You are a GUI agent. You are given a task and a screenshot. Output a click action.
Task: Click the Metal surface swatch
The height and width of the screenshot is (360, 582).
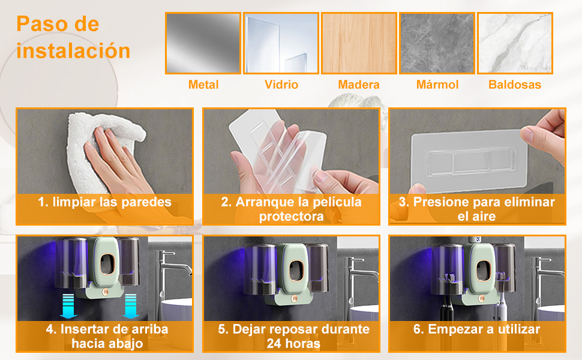(203, 43)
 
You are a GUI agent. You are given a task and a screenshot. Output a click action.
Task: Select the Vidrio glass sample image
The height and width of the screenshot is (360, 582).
(281, 43)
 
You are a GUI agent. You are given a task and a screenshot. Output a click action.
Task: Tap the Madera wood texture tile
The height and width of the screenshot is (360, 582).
(359, 43)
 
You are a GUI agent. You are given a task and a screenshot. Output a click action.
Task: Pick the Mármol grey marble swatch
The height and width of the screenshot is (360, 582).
(437, 43)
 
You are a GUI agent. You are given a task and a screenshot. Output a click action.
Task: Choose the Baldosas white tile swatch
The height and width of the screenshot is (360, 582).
(515, 43)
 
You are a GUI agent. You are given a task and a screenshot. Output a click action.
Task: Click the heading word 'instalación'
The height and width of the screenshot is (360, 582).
(73, 50)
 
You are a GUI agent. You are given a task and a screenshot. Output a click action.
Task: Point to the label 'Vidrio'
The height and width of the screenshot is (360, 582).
(281, 85)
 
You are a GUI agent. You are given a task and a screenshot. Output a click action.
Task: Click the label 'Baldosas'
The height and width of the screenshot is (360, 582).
(515, 85)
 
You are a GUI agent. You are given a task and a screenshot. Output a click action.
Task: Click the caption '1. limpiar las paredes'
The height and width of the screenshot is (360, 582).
(104, 202)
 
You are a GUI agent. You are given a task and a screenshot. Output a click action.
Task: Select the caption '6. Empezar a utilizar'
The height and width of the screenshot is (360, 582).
(477, 329)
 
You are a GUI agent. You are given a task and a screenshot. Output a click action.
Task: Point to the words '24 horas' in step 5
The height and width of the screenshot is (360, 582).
(292, 343)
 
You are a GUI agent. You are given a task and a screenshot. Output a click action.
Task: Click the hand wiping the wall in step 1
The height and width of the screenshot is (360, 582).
(114, 159)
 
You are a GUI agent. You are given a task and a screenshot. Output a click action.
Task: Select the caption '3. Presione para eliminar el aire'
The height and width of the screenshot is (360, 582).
(477, 209)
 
